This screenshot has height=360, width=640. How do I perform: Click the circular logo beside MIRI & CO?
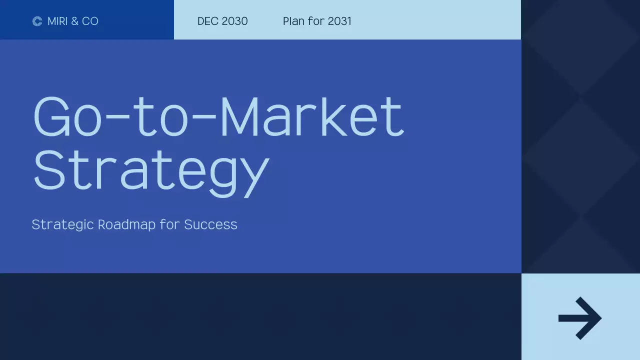[37, 21]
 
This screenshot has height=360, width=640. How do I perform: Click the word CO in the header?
[90, 21]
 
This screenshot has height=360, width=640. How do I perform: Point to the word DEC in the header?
[207, 21]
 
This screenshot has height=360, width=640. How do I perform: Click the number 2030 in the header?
[235, 21]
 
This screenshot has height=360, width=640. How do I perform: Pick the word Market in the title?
[311, 116]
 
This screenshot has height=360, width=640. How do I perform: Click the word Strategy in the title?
[150, 170]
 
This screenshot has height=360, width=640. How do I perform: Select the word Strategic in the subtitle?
[62, 224]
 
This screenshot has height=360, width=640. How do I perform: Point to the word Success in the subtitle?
[210, 224]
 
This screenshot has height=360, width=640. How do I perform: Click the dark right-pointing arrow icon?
[580, 318]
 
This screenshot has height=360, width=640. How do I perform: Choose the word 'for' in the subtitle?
[169, 224]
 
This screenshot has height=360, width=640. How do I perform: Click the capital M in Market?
[241, 116]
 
